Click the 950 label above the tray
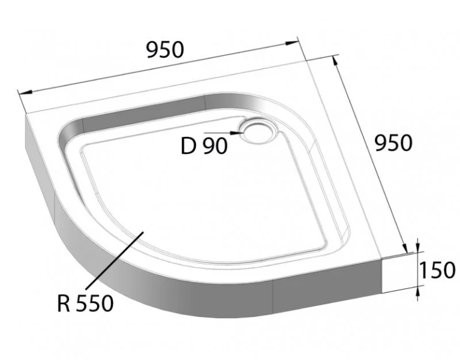(x=165, y=50)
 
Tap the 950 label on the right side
(x=393, y=143)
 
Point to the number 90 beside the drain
(x=215, y=146)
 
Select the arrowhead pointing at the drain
(x=237, y=132)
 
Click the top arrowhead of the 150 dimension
(x=418, y=248)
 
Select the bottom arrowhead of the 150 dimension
(x=418, y=290)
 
